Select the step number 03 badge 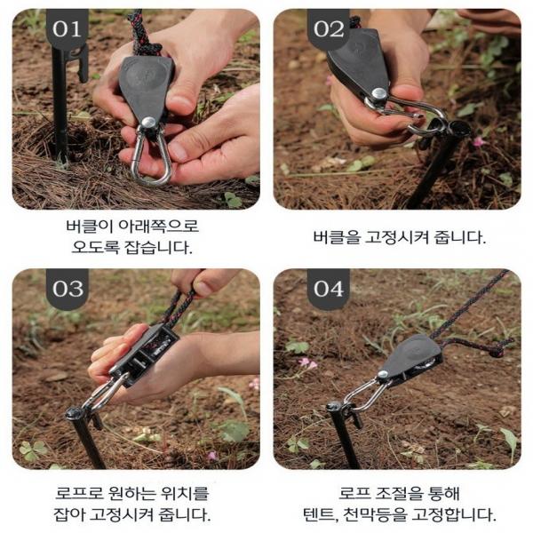pos(68,288)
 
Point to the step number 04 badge pos(329,288)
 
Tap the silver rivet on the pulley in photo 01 pos(148,123)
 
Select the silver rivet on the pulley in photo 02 pos(378,94)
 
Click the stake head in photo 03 pos(74,413)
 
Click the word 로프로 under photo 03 pos(79,493)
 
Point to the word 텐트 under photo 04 pos(319,515)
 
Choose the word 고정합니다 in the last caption pos(453,515)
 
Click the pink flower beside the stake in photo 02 pos(479,141)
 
